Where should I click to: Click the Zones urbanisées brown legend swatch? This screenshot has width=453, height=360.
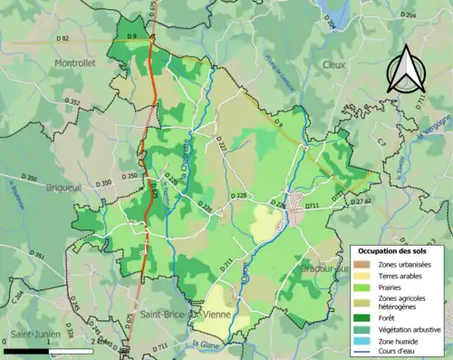pyautogui.click(x=361, y=263)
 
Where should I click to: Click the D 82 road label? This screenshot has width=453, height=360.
pyautogui.click(x=63, y=38)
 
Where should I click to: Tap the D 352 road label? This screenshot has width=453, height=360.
pyautogui.click(x=73, y=101)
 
